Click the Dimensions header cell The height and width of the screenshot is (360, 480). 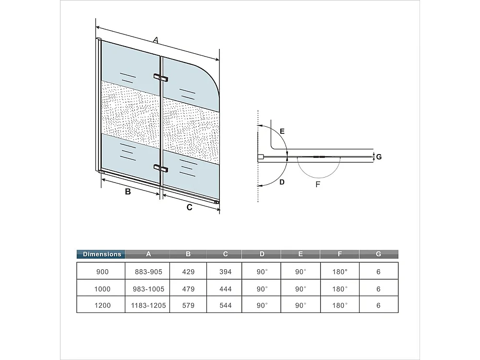tap(102, 254)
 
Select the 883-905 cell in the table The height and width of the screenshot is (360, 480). tap(149, 272)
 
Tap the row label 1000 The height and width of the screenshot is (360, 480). tap(102, 289)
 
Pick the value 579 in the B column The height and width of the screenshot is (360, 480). tap(189, 305)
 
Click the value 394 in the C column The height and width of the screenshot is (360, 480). tap(225, 272)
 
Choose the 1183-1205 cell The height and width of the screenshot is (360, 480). tap(149, 305)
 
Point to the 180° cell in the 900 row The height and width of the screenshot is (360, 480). tap(339, 272)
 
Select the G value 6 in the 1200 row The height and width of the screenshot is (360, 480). tap(379, 305)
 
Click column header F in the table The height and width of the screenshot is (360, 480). tap(339, 254)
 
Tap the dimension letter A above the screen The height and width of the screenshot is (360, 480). tap(156, 41)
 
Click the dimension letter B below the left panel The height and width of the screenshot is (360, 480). tap(128, 192)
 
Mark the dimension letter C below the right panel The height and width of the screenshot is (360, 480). tap(190, 207)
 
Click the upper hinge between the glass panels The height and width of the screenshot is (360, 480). tap(160, 77)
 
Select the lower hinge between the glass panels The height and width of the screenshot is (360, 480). tap(160, 168)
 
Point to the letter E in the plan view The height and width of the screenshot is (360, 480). tap(282, 131)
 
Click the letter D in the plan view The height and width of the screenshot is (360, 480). tap(282, 182)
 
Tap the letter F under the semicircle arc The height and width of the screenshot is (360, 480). tap(318, 184)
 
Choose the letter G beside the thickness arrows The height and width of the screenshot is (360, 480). tap(379, 157)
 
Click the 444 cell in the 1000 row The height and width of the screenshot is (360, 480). tap(225, 289)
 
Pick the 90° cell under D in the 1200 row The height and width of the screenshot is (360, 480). tap(262, 305)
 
